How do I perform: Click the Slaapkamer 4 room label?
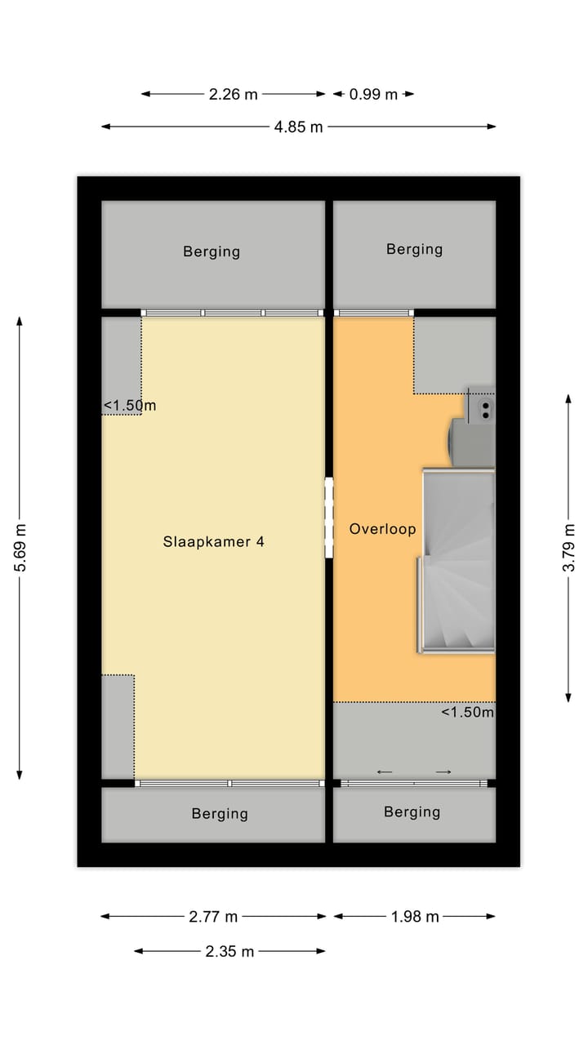coord(213,541)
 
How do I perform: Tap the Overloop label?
coord(383,529)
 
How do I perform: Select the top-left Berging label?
coord(212,252)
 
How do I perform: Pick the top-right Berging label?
coord(414,250)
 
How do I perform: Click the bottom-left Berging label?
coord(220,814)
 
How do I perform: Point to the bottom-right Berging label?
coord(412,812)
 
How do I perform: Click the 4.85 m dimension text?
coord(299,127)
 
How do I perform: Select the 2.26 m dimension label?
coord(234,94)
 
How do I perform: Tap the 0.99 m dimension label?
coord(373,94)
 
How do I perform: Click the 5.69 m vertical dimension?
coord(20,547)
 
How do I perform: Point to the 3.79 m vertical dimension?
coord(569,547)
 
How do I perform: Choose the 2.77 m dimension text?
coord(213,917)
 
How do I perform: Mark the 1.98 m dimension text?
coord(415,917)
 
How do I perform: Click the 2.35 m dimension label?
coord(229,951)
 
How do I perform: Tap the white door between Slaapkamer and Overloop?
coord(329,518)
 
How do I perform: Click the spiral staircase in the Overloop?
coord(457,561)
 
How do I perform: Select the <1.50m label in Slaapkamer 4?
coord(130,406)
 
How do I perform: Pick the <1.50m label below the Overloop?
coord(467,712)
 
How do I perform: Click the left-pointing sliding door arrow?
coord(385,772)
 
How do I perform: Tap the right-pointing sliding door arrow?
coord(443,772)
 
